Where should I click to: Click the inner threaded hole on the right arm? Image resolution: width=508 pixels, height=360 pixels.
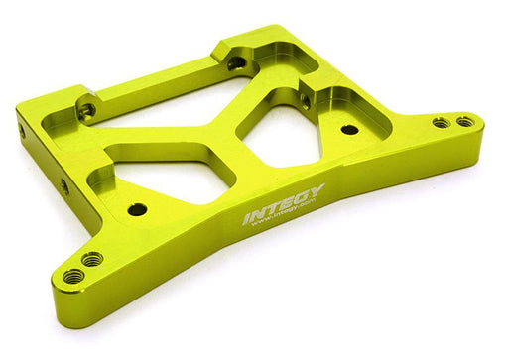click(x=441, y=122)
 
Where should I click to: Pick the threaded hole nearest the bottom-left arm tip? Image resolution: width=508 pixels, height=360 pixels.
click(x=73, y=276)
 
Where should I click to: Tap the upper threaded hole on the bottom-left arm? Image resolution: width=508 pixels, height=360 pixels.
click(x=92, y=260)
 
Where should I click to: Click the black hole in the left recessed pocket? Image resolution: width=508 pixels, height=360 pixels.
click(x=137, y=209)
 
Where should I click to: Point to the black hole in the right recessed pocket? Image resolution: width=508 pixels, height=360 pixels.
click(x=349, y=129)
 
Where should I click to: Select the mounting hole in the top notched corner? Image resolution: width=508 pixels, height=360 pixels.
click(x=236, y=62)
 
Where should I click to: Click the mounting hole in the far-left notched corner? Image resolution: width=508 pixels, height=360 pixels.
click(x=87, y=111)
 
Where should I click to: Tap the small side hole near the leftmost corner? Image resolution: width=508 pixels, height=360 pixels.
click(x=22, y=130)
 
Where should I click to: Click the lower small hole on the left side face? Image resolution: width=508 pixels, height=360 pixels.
click(x=64, y=185)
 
